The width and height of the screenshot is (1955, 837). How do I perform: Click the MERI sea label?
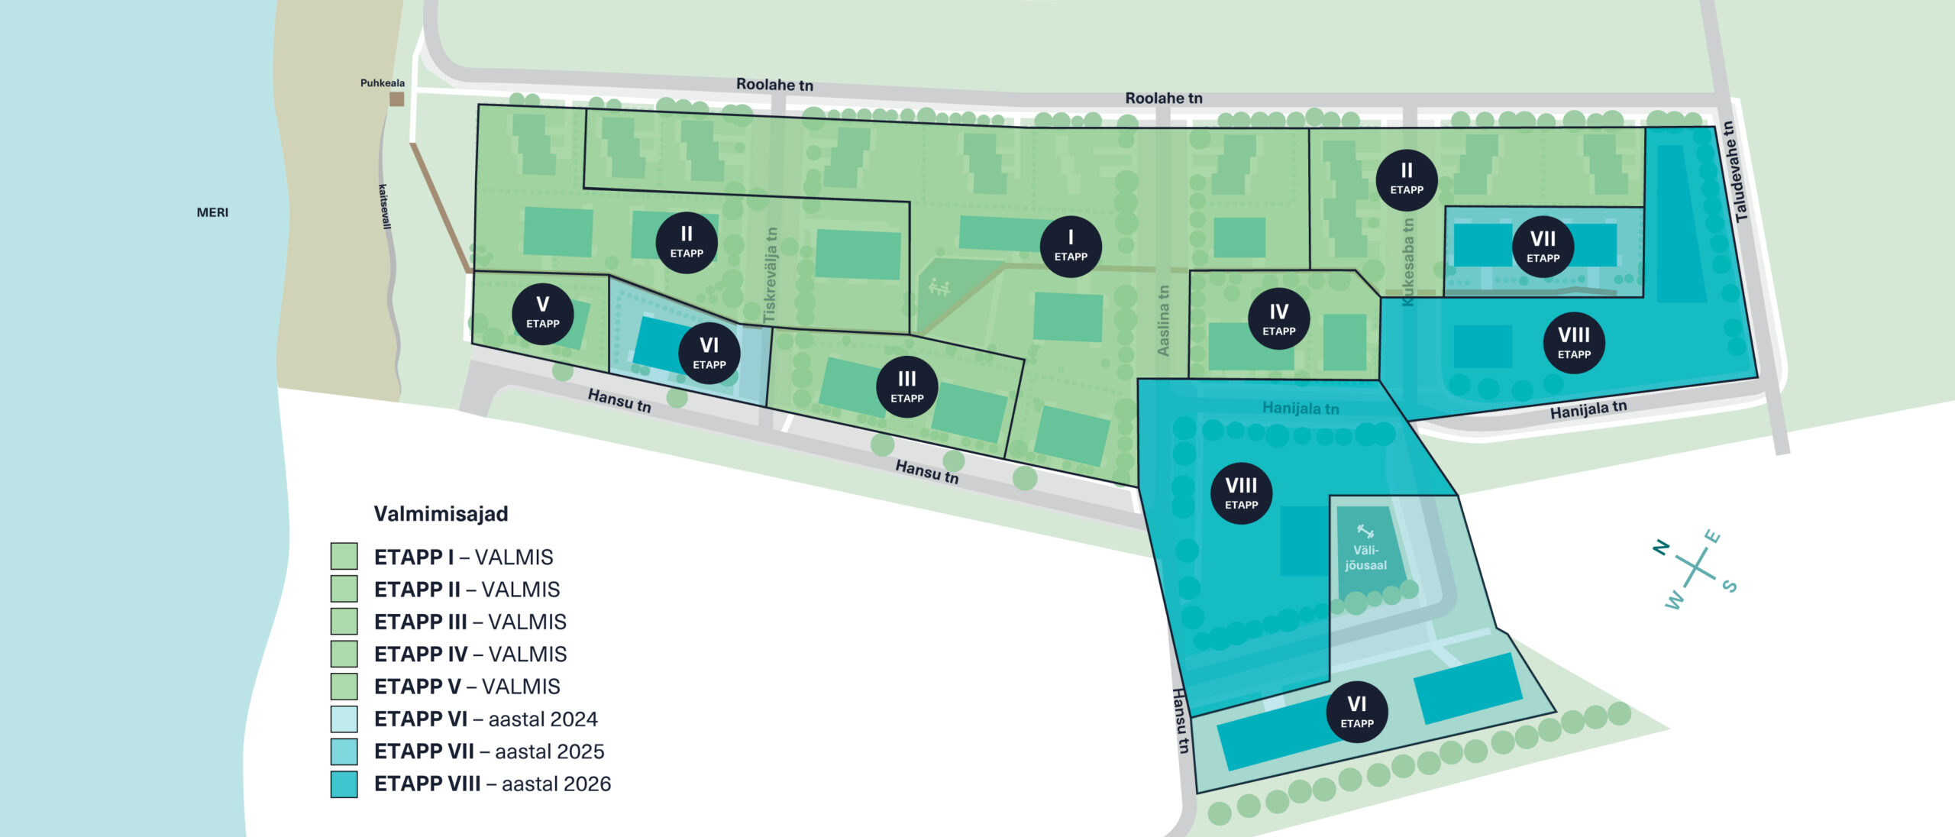[x=212, y=212]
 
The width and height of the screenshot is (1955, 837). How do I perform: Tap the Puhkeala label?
[x=383, y=83]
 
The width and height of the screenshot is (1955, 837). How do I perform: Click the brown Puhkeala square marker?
[x=397, y=99]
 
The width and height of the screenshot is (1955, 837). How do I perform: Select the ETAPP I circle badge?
[x=1071, y=246]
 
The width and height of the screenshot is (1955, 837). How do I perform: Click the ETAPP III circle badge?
[x=907, y=386]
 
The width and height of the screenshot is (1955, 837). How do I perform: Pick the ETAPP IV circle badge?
[x=1279, y=319]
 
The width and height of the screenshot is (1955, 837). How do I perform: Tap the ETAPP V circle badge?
[x=543, y=314]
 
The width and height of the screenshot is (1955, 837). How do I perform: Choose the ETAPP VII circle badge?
[x=1543, y=246]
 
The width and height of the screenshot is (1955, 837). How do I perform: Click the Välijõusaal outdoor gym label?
[x=1365, y=557]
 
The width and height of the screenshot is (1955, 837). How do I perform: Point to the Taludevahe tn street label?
[x=1736, y=172]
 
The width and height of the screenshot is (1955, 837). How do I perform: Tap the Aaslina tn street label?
[x=1163, y=321]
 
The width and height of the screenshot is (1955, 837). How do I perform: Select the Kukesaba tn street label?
[x=1408, y=262]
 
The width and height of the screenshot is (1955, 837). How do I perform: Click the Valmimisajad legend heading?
[x=441, y=514]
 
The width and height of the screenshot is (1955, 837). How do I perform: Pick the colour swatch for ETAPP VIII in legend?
[x=344, y=784]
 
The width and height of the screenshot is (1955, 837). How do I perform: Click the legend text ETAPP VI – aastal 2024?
[x=486, y=719]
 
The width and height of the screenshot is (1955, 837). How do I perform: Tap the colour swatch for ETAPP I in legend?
[x=344, y=556]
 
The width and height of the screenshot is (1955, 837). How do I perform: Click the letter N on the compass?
[x=1661, y=547]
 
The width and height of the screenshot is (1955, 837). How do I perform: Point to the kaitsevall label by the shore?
[x=384, y=206]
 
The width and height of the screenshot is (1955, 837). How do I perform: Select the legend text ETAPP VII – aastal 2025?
[x=489, y=751]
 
